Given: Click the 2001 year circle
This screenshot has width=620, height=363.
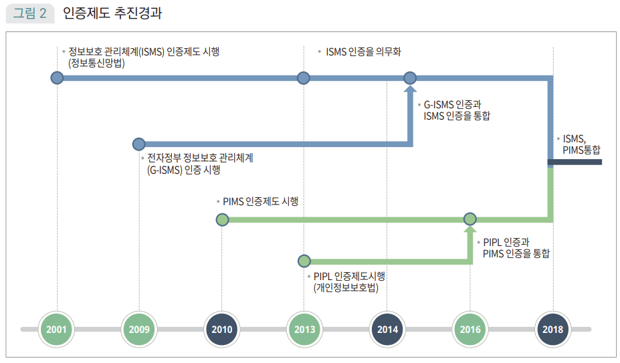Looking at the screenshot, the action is (x=57, y=329).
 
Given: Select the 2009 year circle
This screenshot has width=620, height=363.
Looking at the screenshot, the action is (x=140, y=329).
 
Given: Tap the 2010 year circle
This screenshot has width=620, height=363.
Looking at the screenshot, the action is (x=222, y=329).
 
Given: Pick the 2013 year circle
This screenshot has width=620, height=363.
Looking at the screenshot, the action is (x=304, y=329).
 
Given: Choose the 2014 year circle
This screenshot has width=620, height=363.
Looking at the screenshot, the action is (x=387, y=329).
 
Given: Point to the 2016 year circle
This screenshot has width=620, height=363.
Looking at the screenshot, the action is (x=470, y=329).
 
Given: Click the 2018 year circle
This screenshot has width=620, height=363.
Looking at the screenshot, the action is (x=553, y=329).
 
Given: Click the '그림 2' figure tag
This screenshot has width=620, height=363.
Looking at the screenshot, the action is (x=30, y=13).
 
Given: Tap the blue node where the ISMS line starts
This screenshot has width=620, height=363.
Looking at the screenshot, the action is (x=57, y=78).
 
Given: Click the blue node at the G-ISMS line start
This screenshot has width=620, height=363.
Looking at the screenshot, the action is (x=138, y=144).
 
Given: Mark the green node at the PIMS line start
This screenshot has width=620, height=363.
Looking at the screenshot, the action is (x=223, y=219).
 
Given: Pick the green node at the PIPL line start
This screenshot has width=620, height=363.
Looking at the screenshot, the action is (x=304, y=261).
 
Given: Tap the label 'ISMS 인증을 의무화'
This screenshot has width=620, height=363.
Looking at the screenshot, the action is (x=363, y=51).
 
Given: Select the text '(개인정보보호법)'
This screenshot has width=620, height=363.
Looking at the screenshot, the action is (x=345, y=287).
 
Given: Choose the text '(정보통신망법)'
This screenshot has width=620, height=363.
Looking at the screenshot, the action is (x=96, y=64).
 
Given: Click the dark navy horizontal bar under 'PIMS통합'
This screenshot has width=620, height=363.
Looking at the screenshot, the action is (x=575, y=162).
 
